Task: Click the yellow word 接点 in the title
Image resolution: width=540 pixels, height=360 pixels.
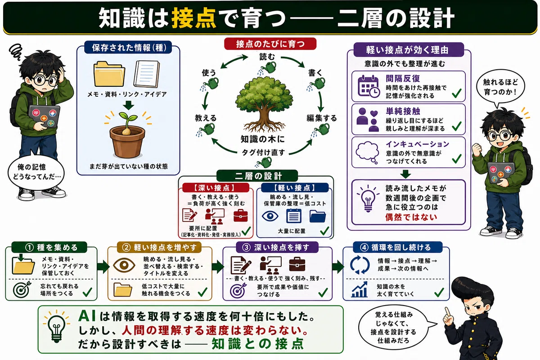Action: tap(193, 18)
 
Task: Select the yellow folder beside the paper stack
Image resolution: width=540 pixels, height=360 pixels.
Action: tap(109, 74)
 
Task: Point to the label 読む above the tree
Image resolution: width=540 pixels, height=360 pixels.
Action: tap(267, 57)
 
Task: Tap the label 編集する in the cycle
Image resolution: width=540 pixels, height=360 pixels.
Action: tap(322, 118)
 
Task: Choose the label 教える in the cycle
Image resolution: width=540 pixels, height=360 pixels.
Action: tap(206, 118)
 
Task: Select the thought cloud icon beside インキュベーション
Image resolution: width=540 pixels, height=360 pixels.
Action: tap(367, 153)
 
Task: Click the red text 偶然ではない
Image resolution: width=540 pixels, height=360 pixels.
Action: tap(411, 217)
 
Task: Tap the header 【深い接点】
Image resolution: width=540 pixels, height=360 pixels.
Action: tap(216, 188)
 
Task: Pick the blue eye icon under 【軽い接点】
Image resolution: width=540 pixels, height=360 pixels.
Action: tap(270, 216)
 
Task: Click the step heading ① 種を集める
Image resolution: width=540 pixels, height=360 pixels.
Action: tap(51, 247)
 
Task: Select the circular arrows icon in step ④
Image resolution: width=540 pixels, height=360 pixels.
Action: tap(360, 265)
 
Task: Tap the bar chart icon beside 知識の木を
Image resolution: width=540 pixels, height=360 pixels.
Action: tap(359, 290)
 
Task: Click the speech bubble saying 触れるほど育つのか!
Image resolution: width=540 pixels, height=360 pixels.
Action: tap(500, 87)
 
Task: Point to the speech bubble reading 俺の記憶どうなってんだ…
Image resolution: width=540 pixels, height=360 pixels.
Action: tap(36, 172)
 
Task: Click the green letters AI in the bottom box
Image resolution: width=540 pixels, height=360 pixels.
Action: tap(87, 316)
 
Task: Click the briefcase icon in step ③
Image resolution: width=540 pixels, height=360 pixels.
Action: tap(297, 264)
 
